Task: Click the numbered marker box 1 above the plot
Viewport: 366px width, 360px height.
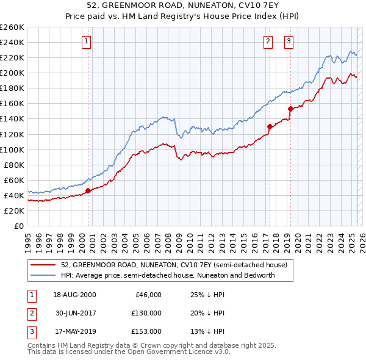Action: click(x=86, y=41)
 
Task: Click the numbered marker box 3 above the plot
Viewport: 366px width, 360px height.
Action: click(x=289, y=41)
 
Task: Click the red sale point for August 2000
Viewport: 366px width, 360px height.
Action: click(x=88, y=190)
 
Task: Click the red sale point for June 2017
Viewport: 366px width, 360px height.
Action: click(x=269, y=126)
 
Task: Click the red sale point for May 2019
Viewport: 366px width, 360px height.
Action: click(x=290, y=109)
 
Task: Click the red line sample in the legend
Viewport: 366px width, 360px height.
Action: click(x=43, y=264)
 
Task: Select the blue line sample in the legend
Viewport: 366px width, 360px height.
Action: click(x=43, y=275)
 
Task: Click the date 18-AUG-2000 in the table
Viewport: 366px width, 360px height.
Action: click(x=75, y=295)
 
